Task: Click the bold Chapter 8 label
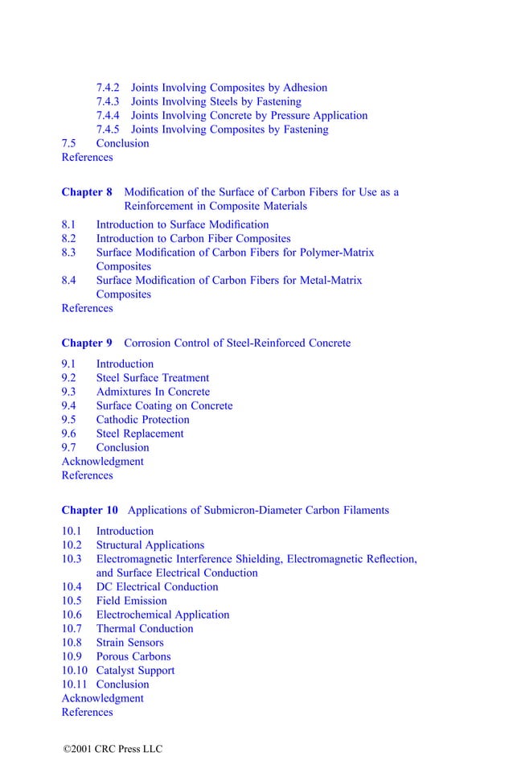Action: pos(87,192)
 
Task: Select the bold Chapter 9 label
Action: pos(87,343)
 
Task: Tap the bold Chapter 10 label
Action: pos(89,510)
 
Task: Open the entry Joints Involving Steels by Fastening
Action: pos(215,101)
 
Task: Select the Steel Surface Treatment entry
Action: pos(152,378)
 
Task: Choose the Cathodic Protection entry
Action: pos(142,420)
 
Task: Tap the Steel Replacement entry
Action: pos(139,434)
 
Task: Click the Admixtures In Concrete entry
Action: pos(153,392)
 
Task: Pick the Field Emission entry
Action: pos(131,601)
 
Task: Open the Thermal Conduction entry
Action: pos(145,628)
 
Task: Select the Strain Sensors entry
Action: pos(129,643)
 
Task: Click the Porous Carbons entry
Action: pos(133,656)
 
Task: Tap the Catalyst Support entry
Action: pos(135,670)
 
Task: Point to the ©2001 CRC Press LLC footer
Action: pos(113,749)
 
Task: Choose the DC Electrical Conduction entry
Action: pos(157,586)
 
